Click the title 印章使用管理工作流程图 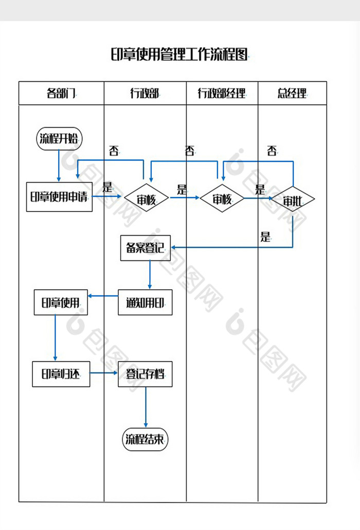(179, 54)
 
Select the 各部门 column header (61, 93)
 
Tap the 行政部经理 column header (222, 93)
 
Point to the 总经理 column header (292, 93)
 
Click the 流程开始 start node (59, 138)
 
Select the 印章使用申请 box (59, 197)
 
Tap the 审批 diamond (292, 200)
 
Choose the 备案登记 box (145, 248)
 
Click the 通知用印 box (145, 303)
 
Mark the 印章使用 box (61, 303)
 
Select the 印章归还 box (61, 374)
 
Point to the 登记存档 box (145, 374)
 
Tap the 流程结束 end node (146, 439)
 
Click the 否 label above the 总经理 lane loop (272, 151)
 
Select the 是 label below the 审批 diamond (265, 237)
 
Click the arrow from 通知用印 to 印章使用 (103, 296)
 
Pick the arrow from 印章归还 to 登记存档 (104, 373)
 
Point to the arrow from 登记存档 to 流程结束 (146, 407)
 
